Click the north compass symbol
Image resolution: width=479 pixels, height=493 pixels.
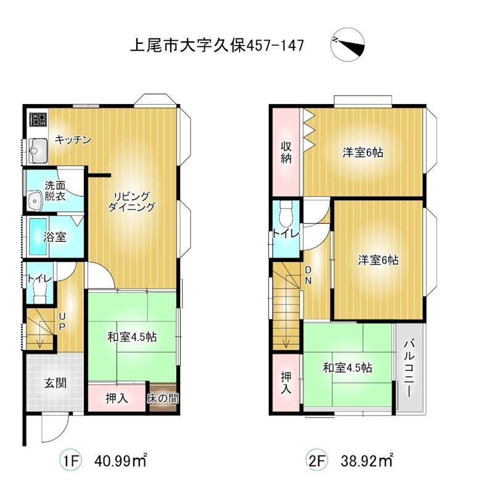coord(348,44)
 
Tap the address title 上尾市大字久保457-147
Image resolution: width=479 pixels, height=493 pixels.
coord(217,46)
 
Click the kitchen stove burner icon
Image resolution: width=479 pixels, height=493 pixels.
coord(38,119)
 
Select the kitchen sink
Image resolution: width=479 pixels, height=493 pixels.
coord(38,151)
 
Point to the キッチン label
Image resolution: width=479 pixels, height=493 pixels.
coord(73,140)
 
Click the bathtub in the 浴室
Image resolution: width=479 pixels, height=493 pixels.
coord(38,237)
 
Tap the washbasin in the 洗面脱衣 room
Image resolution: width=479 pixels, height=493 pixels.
coord(35,201)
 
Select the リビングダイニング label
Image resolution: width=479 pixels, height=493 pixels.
coord(131,202)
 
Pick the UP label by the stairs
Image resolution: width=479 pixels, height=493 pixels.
coord(62,321)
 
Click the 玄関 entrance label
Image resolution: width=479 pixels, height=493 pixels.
coord(55,383)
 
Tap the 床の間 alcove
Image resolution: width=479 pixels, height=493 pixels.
coord(163,398)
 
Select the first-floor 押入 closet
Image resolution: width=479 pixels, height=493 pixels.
coord(117,397)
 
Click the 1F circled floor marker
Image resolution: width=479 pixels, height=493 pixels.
coord(71,461)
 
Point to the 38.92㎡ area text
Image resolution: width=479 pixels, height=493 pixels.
coord(367,460)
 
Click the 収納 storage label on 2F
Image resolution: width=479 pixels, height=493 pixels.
coord(286,152)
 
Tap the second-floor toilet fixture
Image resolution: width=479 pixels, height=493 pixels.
coord(286,214)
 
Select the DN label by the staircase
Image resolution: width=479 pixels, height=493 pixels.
coord(308,275)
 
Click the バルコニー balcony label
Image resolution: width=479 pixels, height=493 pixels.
coord(409,368)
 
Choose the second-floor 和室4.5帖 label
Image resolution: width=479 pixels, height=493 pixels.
coord(348,367)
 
